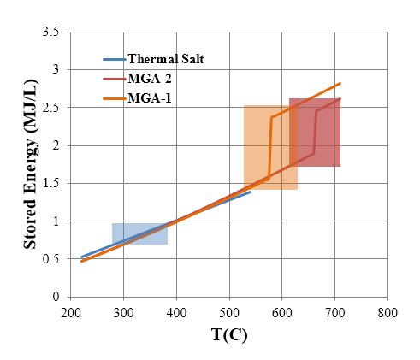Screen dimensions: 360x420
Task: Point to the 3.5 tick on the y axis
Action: tap(53, 32)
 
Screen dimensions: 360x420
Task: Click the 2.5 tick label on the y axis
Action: tap(53, 108)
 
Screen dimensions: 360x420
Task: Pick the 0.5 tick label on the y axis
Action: tap(53, 259)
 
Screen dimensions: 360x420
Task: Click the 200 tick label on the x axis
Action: tap(71, 313)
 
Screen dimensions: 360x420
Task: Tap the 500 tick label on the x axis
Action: tap(229, 313)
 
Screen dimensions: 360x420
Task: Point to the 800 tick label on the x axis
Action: tap(388, 313)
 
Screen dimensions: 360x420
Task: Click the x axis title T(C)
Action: tap(229, 336)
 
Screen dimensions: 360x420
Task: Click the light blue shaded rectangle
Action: tap(139, 233)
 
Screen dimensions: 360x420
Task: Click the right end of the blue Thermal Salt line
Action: tap(251, 192)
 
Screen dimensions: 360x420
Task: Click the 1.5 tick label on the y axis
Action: tap(53, 183)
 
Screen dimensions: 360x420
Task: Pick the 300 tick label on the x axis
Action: tap(124, 313)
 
